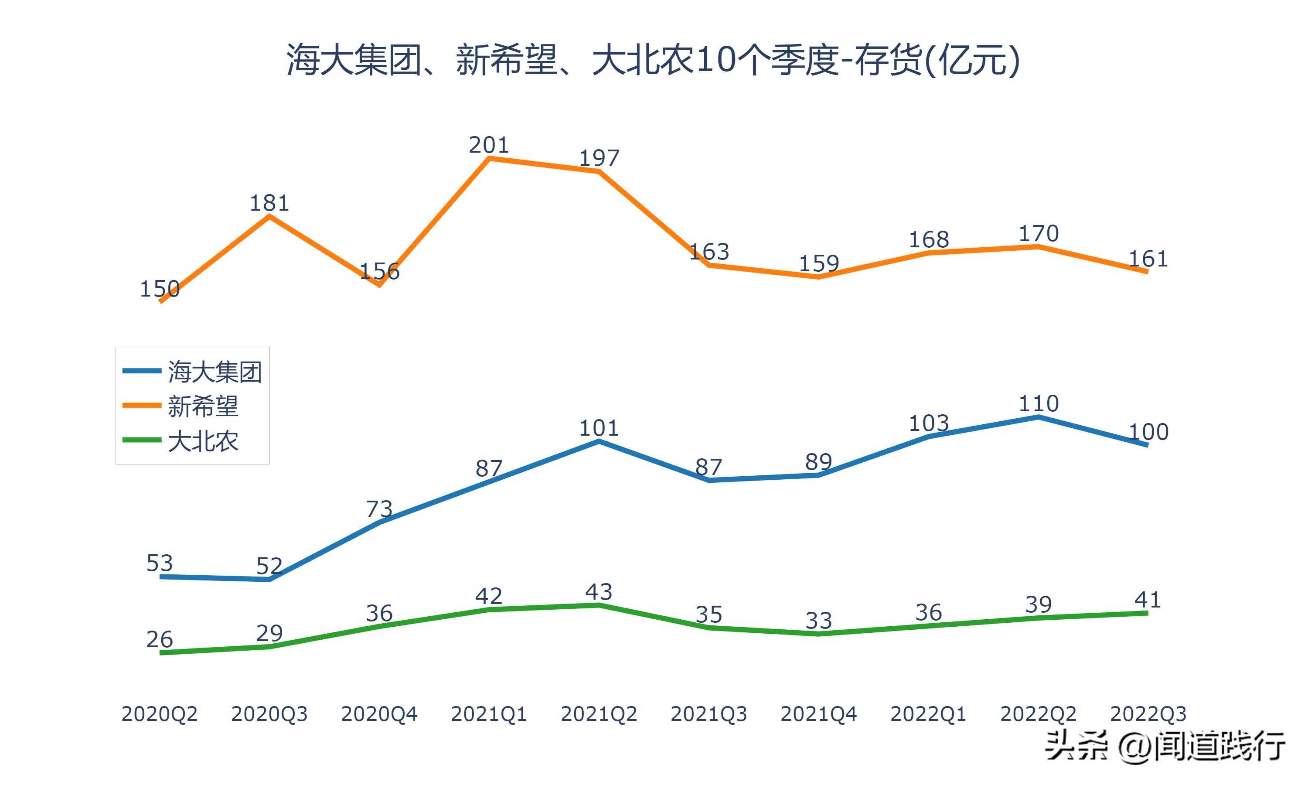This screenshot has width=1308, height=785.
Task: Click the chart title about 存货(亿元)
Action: point(653,60)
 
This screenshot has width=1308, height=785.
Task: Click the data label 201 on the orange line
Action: point(488,145)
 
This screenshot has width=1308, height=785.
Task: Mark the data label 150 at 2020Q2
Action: point(159,289)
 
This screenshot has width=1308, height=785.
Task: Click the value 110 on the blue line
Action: point(1039,403)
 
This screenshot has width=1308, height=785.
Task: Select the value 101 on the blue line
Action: point(599,428)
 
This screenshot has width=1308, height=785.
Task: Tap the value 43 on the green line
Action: point(599,591)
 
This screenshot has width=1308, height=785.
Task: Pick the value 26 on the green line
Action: point(159,639)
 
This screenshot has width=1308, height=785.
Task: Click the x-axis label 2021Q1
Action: point(488,714)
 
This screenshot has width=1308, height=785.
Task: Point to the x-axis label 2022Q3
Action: point(1148,714)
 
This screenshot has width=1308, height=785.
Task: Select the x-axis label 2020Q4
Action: point(379,714)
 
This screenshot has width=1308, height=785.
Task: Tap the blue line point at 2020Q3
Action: point(269,580)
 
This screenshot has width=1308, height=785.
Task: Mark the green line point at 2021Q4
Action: point(818,634)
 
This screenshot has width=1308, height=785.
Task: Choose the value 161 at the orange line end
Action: point(1148,259)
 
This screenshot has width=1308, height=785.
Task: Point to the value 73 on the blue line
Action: point(379,509)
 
